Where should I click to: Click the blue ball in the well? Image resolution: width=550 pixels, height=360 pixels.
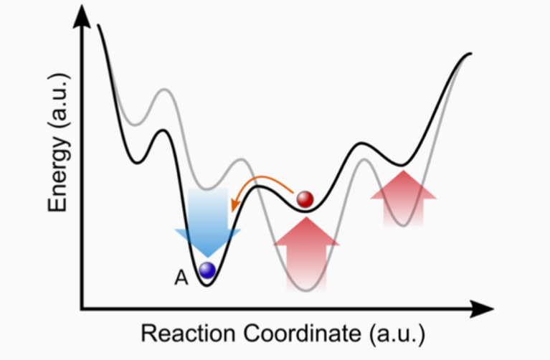pos(207,270)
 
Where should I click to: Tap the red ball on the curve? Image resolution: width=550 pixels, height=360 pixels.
pos(305,199)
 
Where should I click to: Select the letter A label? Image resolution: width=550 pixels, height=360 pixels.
pos(181,278)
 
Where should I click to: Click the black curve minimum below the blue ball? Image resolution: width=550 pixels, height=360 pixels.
pos(207,285)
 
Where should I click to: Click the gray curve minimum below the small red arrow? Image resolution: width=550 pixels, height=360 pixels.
pos(403,225)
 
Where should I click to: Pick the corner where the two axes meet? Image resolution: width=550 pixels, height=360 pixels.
pos(83,309)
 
